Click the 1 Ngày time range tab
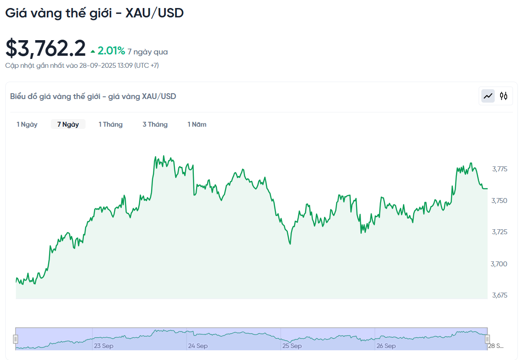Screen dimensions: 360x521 click(x=27, y=124)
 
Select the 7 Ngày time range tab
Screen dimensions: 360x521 click(x=68, y=124)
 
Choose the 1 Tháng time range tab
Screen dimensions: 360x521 click(x=111, y=124)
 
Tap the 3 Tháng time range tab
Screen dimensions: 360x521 click(x=155, y=124)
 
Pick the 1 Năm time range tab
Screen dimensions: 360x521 click(x=197, y=124)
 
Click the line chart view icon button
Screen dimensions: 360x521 click(x=488, y=95)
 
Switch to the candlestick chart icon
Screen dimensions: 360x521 click(x=504, y=95)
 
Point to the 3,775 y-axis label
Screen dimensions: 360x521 click(x=500, y=169)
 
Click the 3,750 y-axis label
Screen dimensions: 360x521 click(x=500, y=201)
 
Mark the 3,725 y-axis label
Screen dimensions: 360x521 click(x=500, y=232)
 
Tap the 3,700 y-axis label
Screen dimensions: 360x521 click(x=500, y=264)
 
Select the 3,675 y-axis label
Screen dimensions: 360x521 click(x=500, y=295)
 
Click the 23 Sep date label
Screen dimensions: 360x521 click(x=103, y=346)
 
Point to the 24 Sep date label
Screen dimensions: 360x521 click(x=198, y=346)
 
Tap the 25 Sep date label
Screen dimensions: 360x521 click(x=292, y=346)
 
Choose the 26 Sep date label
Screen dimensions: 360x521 click(x=386, y=346)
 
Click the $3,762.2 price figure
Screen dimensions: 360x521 click(x=45, y=49)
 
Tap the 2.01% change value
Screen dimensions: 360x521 click(x=111, y=51)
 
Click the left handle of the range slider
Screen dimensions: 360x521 click(x=16, y=339)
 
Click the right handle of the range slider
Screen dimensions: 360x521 click(x=487, y=339)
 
